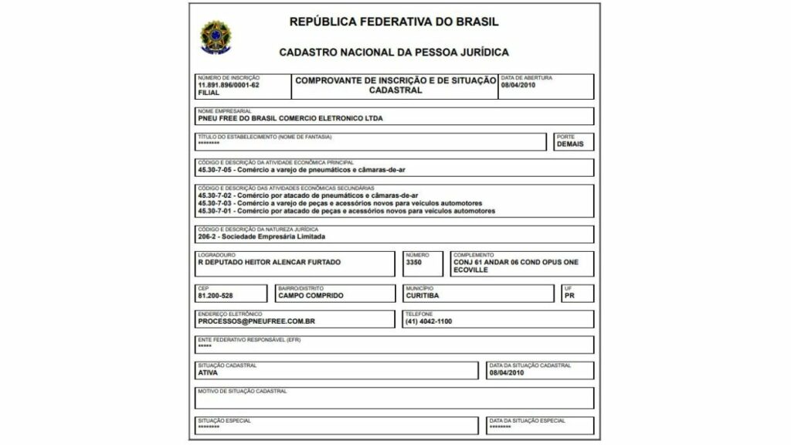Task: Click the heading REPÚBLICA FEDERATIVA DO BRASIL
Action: (394, 22)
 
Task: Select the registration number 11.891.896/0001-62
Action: (229, 85)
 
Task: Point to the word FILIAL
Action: (209, 93)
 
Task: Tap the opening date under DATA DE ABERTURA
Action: (518, 85)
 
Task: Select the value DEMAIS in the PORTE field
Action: (570, 144)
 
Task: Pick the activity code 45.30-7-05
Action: (215, 169)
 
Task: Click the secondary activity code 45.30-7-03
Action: (215, 203)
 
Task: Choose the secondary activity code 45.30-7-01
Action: (215, 211)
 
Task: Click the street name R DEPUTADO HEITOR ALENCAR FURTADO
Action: (269, 262)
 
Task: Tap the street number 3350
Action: (414, 262)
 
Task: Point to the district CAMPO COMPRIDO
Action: (311, 295)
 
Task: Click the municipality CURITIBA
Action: (422, 295)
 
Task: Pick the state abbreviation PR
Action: (569, 295)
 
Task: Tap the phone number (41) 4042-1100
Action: (429, 321)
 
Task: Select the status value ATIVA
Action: (208, 372)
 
